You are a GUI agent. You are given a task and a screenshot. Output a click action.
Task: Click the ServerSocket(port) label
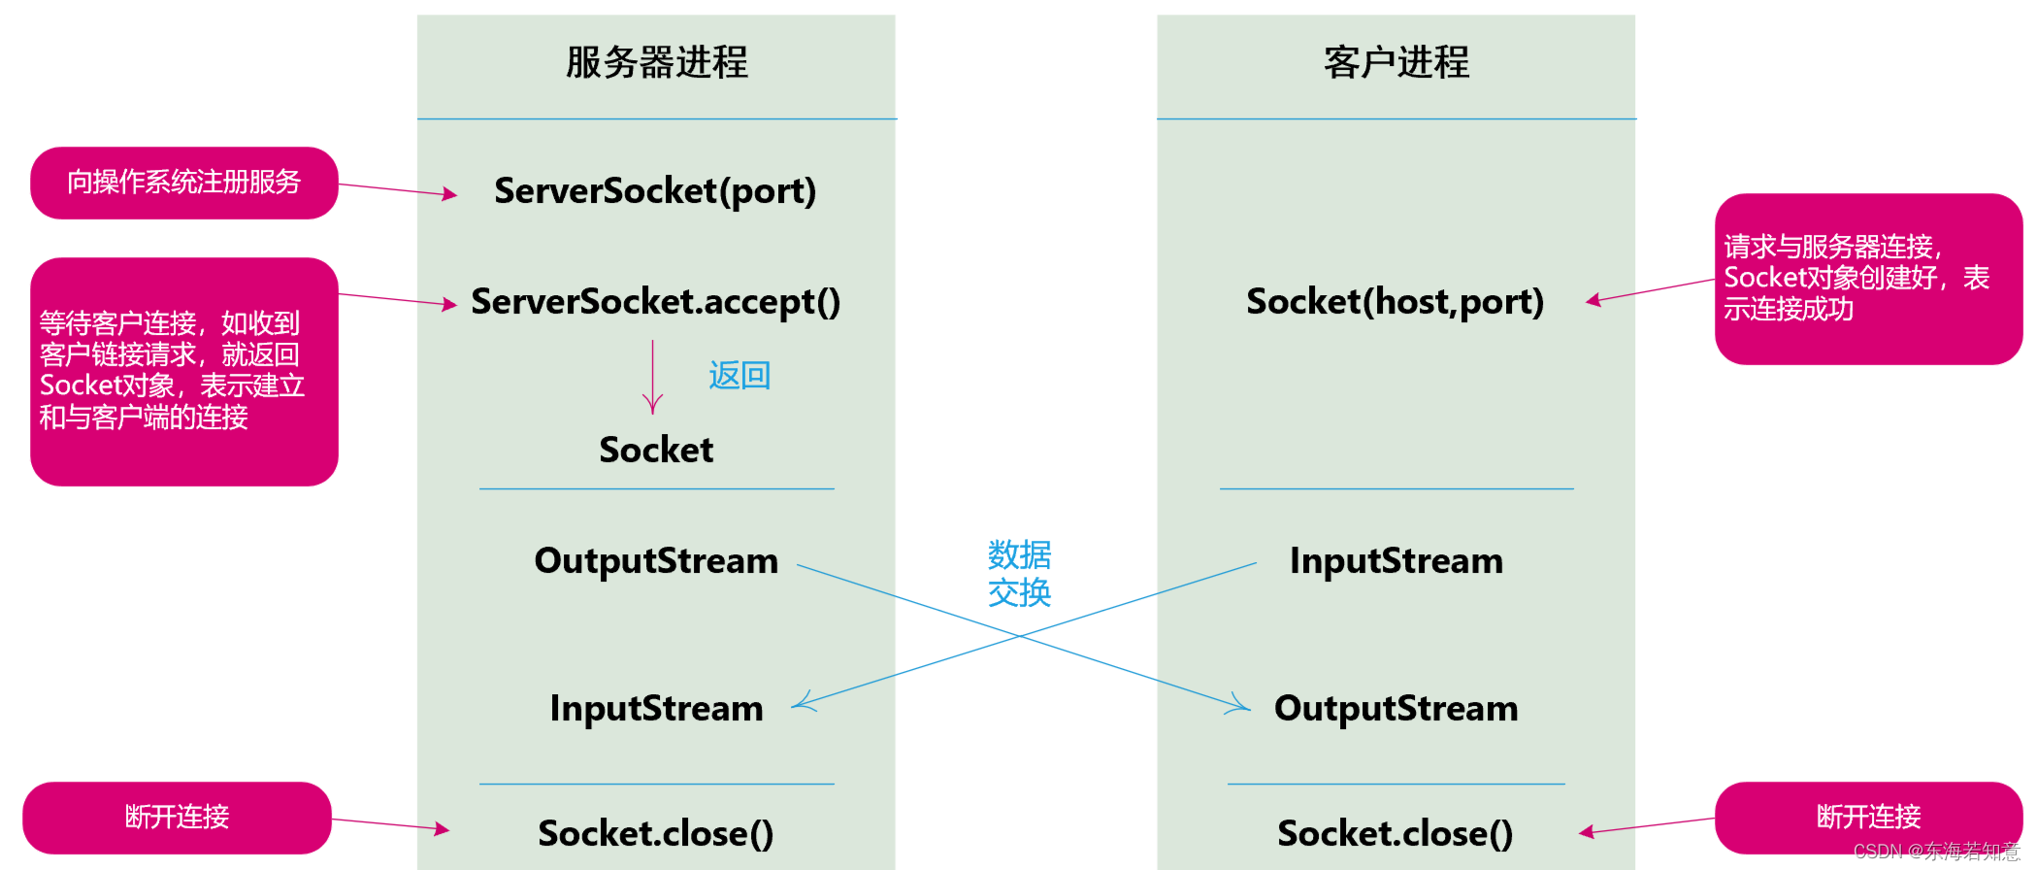point(655,191)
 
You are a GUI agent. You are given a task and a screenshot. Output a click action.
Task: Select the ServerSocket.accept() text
point(655,302)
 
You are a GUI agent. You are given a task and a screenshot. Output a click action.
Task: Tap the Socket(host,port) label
point(1395,302)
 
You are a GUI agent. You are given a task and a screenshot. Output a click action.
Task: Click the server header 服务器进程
point(656,63)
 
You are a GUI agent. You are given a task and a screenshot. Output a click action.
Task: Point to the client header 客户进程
point(1396,63)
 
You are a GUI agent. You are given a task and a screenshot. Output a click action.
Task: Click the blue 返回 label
point(739,376)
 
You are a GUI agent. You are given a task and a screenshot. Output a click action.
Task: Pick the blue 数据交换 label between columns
point(1019,574)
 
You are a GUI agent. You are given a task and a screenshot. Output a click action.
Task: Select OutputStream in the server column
point(656,561)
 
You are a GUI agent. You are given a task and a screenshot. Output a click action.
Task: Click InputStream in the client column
point(1396,561)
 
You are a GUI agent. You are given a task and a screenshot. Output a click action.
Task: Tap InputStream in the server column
point(656,709)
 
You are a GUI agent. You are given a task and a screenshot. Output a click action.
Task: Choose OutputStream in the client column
point(1396,709)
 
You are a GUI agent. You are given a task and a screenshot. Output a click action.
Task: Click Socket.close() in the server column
point(656,834)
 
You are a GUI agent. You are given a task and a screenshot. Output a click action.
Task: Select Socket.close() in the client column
point(1395,834)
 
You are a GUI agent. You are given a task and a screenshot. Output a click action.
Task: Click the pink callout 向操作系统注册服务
point(184,183)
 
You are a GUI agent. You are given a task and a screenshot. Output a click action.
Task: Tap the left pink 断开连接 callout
point(177,818)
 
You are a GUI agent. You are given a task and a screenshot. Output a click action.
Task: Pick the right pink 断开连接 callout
point(1868,818)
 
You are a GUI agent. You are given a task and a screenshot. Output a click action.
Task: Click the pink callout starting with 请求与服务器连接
point(1868,279)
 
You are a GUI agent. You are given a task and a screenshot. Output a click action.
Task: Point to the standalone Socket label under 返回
point(656,451)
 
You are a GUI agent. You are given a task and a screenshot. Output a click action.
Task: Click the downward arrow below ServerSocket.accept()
point(653,378)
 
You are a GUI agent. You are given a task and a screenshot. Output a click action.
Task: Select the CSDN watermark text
point(1936,853)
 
